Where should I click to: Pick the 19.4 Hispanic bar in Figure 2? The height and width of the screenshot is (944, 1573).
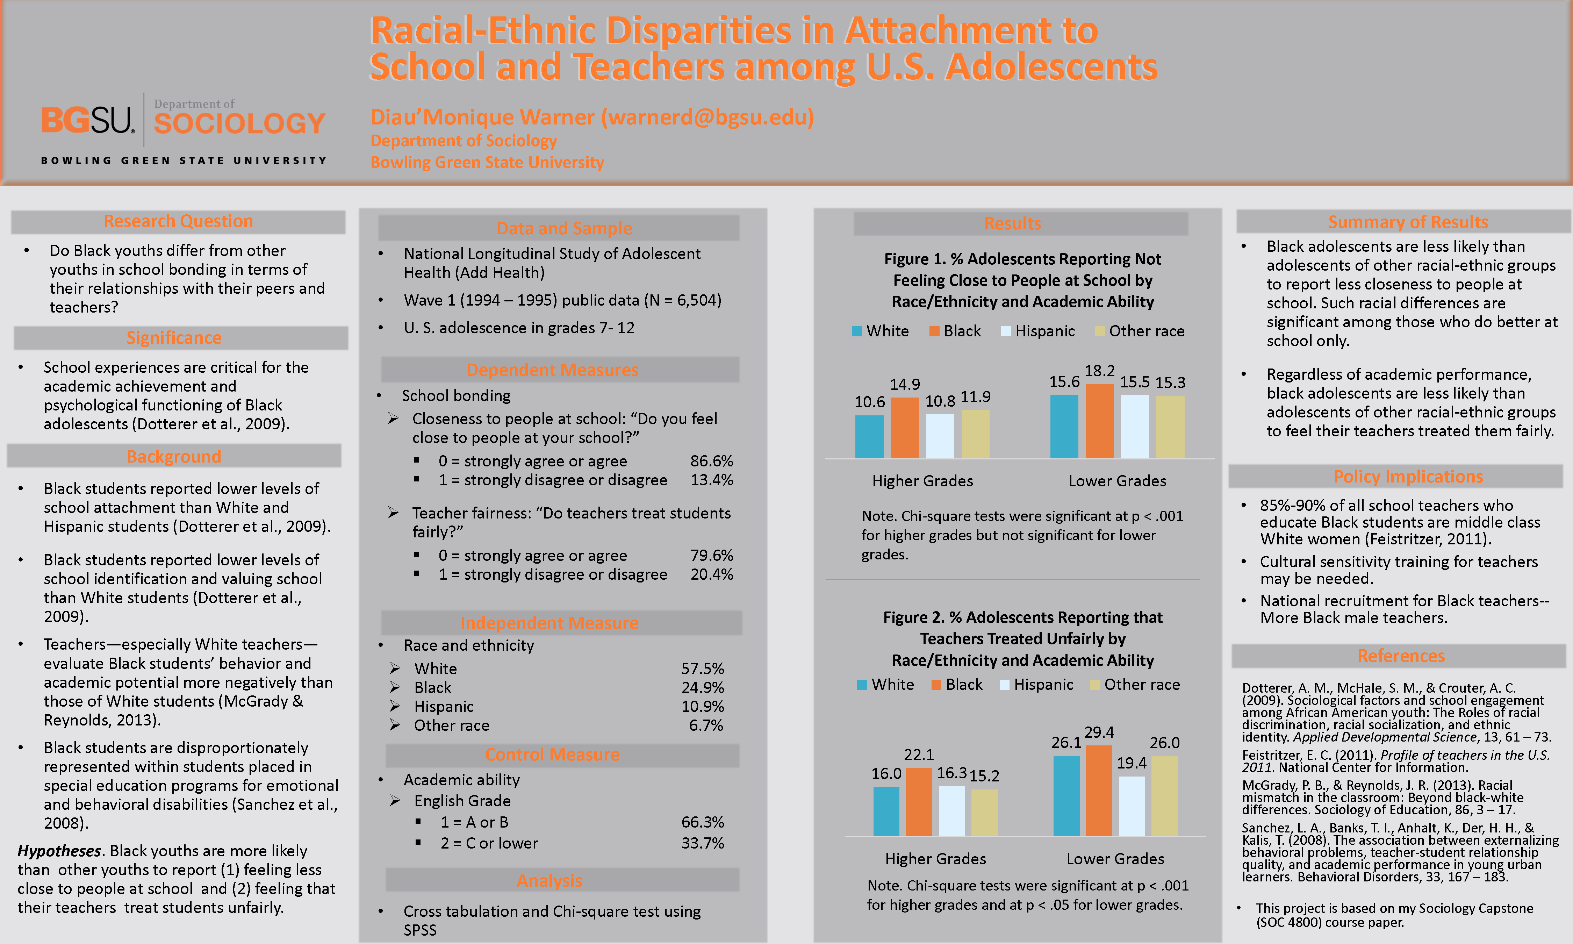pos(1132,806)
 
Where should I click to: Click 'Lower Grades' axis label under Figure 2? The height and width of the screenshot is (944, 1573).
pos(1115,859)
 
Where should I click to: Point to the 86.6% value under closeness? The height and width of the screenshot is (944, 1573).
pos(711,461)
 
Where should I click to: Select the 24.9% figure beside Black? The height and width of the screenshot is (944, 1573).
pos(703,688)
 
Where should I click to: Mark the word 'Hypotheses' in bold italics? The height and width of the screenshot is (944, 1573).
pos(59,851)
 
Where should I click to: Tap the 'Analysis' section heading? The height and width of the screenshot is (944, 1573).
pos(550,881)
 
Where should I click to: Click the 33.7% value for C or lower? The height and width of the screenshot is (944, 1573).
pos(703,844)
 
